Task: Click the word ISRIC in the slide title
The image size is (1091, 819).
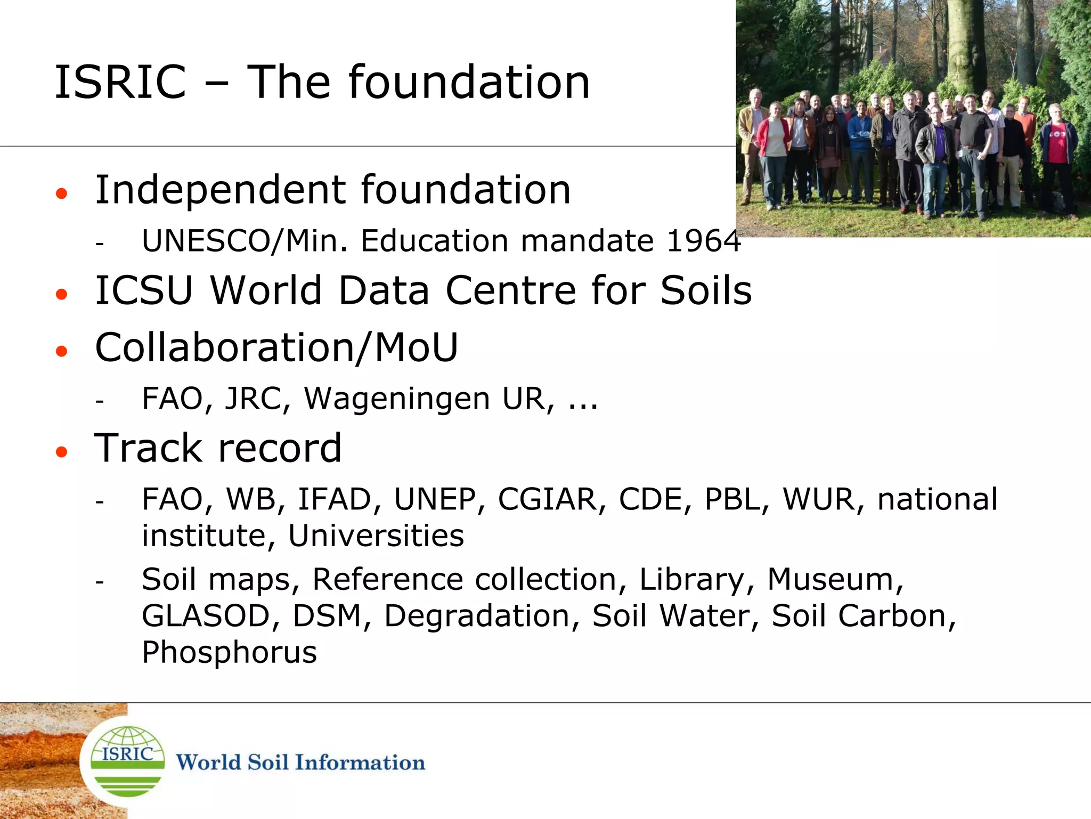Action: pyautogui.click(x=120, y=83)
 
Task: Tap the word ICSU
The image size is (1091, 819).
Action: pyautogui.click(x=144, y=291)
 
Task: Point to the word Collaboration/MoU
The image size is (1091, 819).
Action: pyautogui.click(x=276, y=348)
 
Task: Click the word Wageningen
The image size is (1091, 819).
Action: pyautogui.click(x=396, y=399)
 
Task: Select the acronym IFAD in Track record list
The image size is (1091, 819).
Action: pyautogui.click(x=335, y=500)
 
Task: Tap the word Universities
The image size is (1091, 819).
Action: pyautogui.click(x=376, y=536)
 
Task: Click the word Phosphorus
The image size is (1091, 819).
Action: pyautogui.click(x=229, y=653)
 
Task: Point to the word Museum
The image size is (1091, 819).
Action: pyautogui.click(x=835, y=580)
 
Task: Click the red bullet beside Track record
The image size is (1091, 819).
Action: pyautogui.click(x=62, y=452)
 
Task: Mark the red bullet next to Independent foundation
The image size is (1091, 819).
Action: pyautogui.click(x=62, y=193)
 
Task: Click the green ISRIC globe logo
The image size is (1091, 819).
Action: pyautogui.click(x=127, y=761)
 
